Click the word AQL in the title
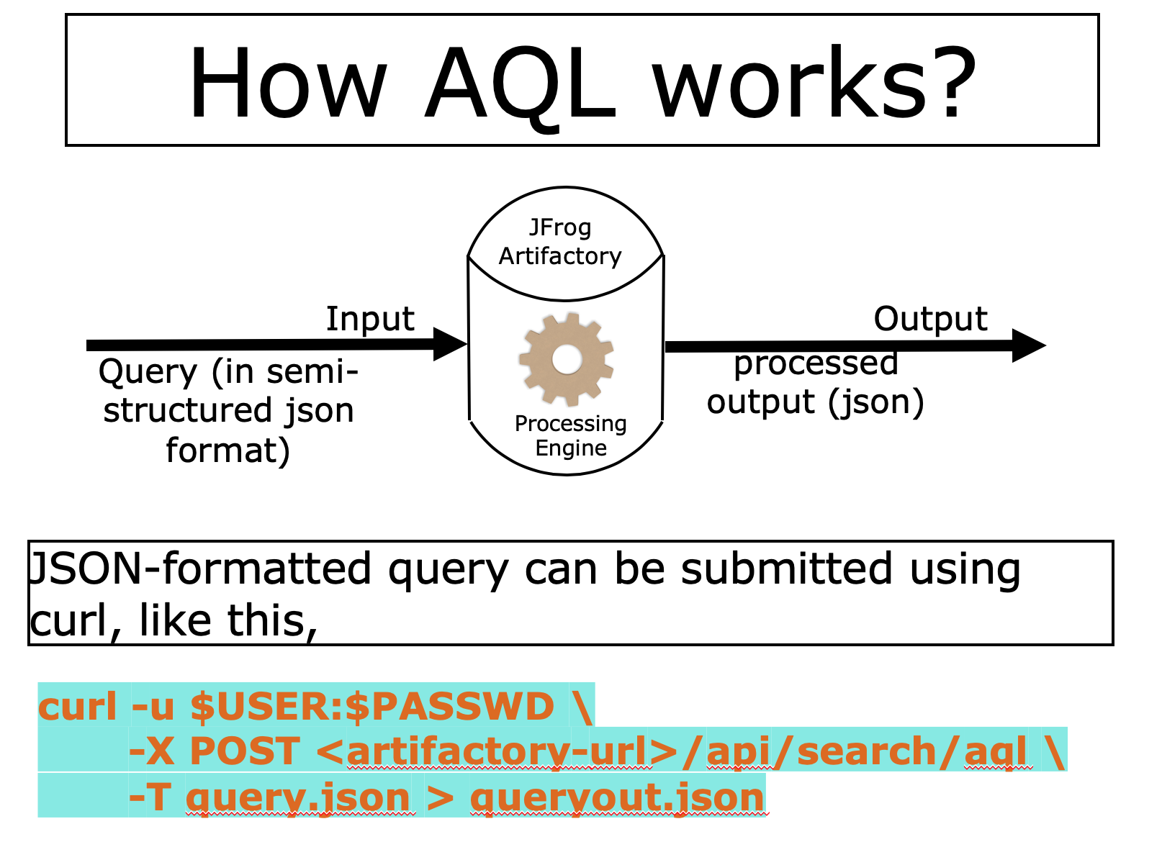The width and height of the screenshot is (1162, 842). (521, 83)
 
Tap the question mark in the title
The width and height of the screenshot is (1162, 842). (950, 82)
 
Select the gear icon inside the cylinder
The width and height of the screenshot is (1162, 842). (567, 359)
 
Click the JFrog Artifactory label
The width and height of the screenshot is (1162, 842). (560, 242)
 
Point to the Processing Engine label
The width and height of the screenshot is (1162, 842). (571, 435)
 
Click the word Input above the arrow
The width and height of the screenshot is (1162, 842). (370, 319)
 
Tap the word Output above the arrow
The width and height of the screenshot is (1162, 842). (930, 319)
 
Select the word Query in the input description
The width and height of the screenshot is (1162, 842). (148, 373)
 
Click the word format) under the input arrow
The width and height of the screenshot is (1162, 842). (228, 451)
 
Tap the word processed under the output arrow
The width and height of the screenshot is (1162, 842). (816, 363)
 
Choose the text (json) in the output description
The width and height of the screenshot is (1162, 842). (875, 402)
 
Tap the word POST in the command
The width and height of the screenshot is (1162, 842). (245, 751)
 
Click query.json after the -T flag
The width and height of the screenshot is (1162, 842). (298, 797)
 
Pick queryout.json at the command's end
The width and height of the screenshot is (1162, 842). (617, 797)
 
